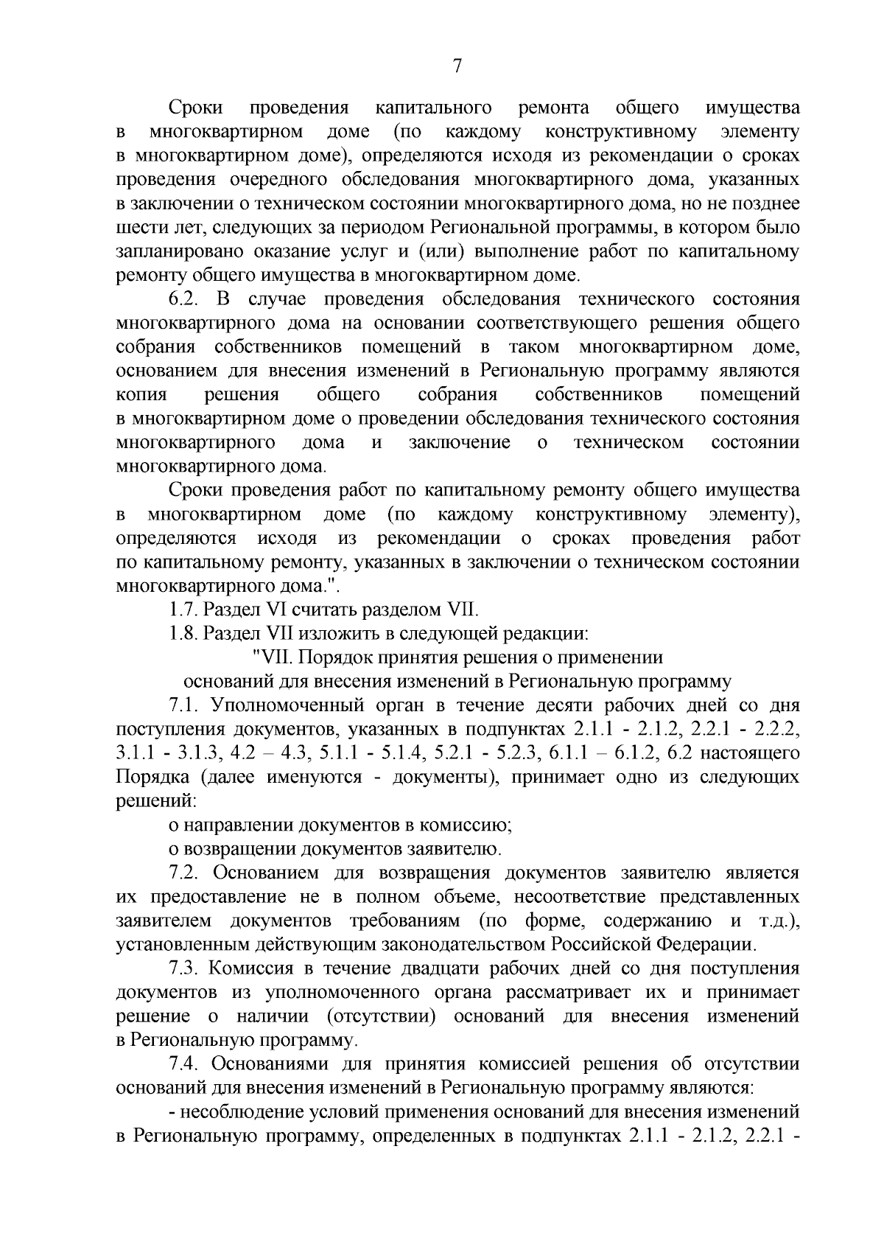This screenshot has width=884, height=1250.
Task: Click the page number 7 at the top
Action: point(457,66)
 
